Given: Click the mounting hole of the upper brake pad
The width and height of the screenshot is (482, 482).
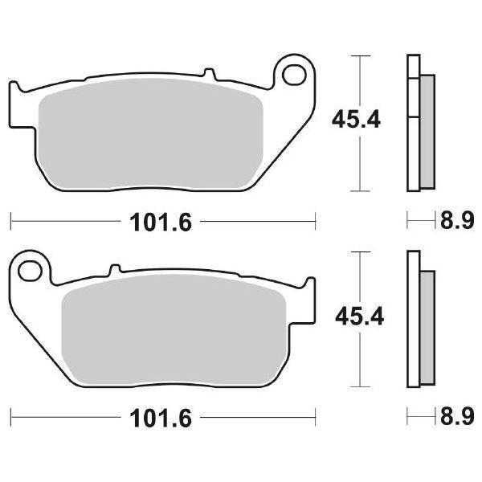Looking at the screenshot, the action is [294, 75].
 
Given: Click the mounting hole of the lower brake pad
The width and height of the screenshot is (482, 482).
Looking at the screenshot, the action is [30, 271].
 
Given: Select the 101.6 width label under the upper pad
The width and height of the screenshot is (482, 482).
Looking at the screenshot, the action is [161, 222].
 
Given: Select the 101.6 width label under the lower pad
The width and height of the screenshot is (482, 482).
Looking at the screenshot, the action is [161, 418].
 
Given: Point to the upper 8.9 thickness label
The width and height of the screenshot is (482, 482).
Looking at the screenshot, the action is [457, 220].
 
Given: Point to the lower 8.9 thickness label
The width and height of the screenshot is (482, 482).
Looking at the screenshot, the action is [457, 416].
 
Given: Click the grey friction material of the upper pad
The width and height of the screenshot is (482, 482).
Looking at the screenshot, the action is [151, 133].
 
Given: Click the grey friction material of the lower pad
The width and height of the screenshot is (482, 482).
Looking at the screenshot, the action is [174, 330].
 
